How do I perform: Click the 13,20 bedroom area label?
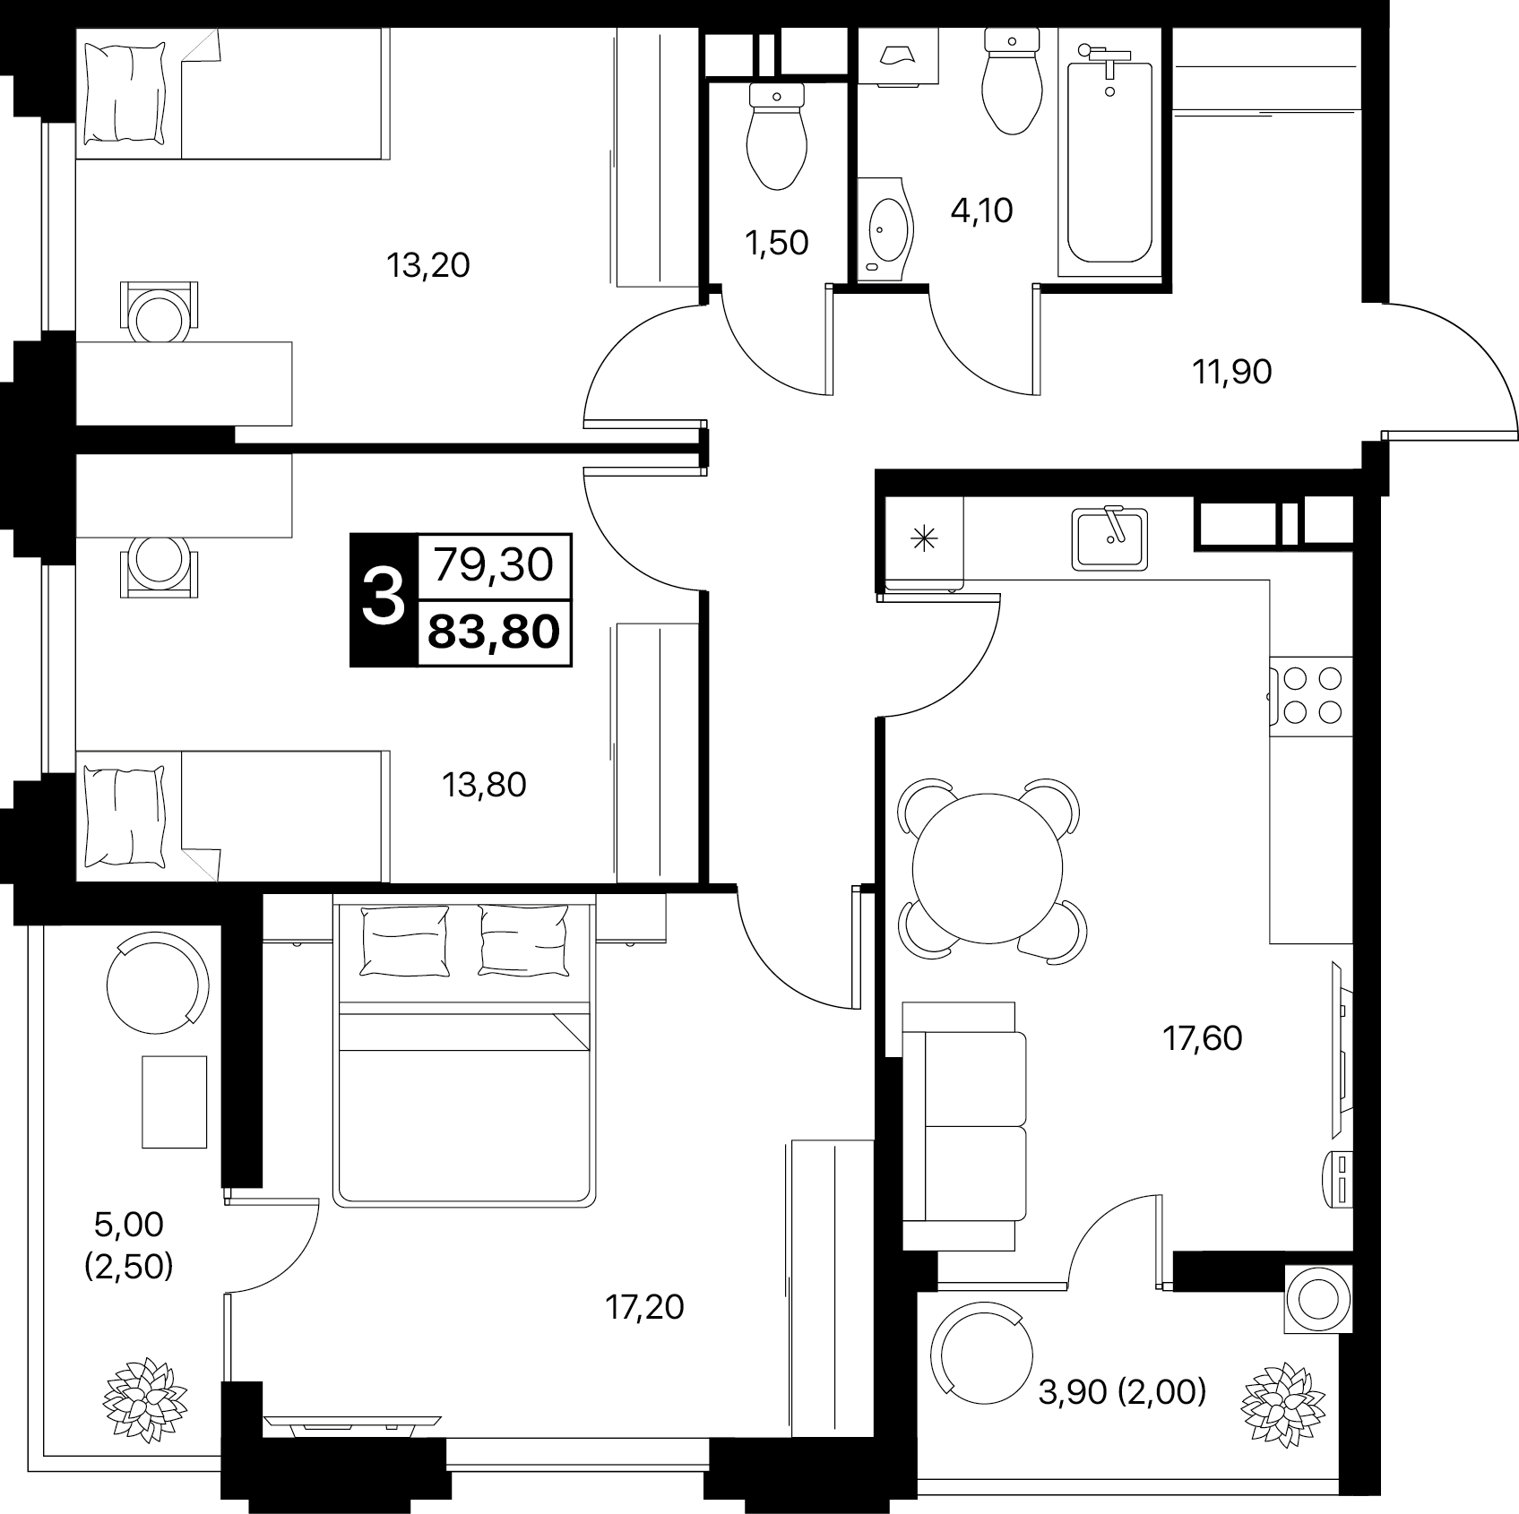[427, 265]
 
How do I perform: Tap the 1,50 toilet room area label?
[777, 242]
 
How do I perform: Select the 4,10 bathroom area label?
[981, 211]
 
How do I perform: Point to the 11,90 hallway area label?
[1231, 371]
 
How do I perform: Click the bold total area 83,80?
[495, 632]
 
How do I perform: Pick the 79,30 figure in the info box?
[494, 565]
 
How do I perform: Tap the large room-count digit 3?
[384, 599]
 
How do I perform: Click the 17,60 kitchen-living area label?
[1202, 1038]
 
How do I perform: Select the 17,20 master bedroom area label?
[644, 1307]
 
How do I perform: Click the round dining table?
[988, 867]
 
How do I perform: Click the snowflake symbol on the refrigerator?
[922, 538]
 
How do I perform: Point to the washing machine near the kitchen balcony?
[1317, 1299]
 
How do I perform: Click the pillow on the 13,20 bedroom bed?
[125, 93]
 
